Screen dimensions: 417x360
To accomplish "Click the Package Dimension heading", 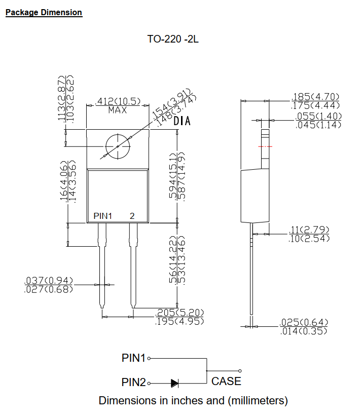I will coord(44,12).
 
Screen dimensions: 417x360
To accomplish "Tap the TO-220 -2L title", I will coord(173,39).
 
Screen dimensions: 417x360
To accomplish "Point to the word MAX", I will coord(117,110).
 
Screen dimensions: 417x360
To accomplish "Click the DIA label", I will coord(182,121).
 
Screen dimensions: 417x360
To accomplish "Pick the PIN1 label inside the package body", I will coord(103,216).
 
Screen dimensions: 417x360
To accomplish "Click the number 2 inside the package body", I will coord(132,216).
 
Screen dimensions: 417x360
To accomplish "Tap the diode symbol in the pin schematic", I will coord(175,383).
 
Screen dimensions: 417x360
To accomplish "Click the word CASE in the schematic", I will coord(226,382).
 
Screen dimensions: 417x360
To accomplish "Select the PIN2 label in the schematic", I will coord(133,382).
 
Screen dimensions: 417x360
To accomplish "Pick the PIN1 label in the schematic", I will coord(133,358).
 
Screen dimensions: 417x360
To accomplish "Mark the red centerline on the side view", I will coord(265,146).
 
